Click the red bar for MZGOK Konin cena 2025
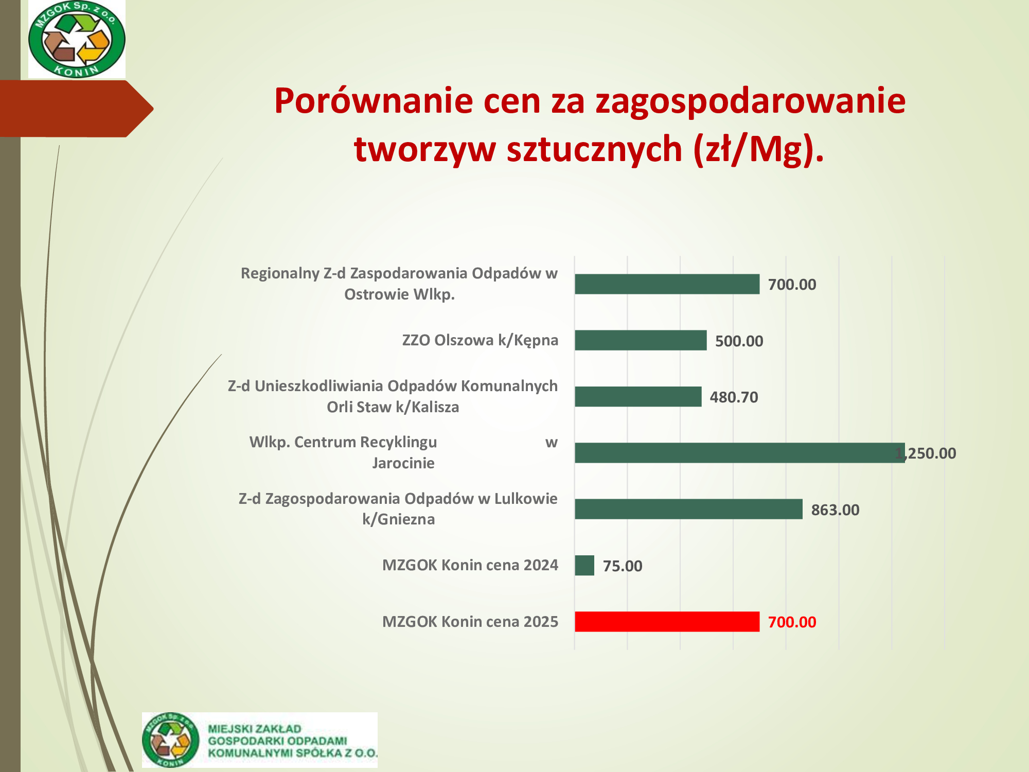(x=667, y=622)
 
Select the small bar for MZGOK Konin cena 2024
(x=584, y=566)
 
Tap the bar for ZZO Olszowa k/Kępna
(x=641, y=340)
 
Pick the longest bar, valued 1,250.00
(x=740, y=453)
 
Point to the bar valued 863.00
(x=688, y=509)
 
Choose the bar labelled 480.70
(x=638, y=397)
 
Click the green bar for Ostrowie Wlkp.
(x=667, y=284)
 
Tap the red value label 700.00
(x=792, y=622)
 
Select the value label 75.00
(x=623, y=566)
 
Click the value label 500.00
(x=739, y=341)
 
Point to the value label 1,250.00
(x=926, y=453)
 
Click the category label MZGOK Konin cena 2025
(x=470, y=622)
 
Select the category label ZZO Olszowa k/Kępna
(x=480, y=340)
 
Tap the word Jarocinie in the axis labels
(x=403, y=463)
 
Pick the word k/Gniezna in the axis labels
(x=399, y=519)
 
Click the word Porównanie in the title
(x=373, y=101)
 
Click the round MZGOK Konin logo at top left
(x=77, y=39)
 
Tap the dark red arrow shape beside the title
(x=77, y=109)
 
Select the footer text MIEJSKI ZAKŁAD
(x=254, y=729)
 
